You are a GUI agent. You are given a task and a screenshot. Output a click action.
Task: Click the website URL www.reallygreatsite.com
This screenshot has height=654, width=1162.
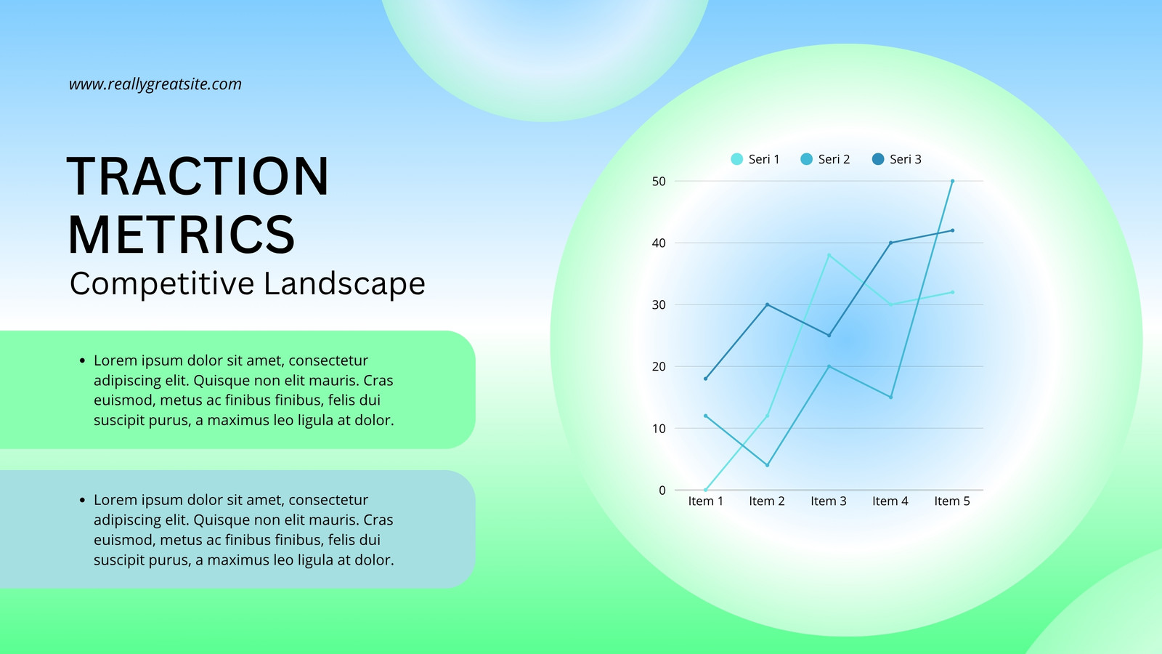[x=155, y=84]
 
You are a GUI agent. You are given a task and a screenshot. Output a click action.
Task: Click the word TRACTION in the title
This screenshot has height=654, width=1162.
[x=198, y=177]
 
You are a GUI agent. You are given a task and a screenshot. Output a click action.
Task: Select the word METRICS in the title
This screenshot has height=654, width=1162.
[x=181, y=235]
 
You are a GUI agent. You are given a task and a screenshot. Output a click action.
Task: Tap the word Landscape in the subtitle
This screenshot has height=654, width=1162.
[x=344, y=283]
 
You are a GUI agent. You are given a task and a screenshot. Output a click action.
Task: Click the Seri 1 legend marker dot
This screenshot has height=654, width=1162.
[x=736, y=159]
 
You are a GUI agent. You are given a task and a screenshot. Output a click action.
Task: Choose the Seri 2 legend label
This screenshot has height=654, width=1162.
[x=834, y=159]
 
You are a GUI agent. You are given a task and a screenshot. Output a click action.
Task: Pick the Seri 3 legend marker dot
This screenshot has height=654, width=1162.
[x=878, y=159]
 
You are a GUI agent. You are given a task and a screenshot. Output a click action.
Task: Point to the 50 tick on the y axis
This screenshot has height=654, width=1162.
[x=659, y=181]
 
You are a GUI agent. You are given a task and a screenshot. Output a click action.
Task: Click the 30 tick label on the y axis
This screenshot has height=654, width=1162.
[x=659, y=304]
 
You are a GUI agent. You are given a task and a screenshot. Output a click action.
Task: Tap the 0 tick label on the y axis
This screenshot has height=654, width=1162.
[x=662, y=490]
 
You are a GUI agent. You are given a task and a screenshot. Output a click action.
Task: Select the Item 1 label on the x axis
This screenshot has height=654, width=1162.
[x=705, y=501]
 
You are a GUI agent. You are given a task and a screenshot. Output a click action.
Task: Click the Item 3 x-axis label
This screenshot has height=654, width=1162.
[x=829, y=501]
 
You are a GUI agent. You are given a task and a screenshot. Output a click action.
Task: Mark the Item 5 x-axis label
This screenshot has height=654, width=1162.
[x=952, y=501]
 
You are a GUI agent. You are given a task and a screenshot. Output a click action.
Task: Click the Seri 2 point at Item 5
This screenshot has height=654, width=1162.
[x=952, y=181]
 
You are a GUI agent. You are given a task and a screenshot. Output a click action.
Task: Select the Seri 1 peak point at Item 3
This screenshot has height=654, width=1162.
[x=829, y=255]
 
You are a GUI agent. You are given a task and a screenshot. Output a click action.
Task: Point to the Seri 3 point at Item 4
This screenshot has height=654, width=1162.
[x=890, y=243]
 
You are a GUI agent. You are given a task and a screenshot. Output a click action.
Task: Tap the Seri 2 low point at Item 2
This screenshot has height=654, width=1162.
[x=767, y=465]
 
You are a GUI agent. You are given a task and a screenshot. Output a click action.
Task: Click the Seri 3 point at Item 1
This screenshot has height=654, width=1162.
[x=705, y=379]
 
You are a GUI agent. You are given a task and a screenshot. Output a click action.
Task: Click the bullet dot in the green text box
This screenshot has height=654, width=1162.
[x=82, y=360]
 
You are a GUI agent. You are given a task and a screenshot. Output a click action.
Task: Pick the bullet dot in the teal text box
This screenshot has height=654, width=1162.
[x=82, y=501]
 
